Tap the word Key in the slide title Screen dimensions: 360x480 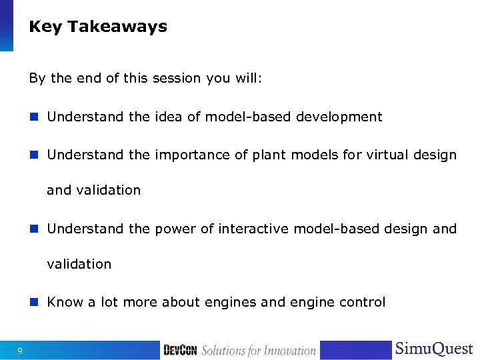45,27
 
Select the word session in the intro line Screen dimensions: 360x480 177,78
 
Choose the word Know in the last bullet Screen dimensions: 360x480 65,302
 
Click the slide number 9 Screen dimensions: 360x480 21,351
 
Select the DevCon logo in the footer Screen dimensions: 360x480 180,350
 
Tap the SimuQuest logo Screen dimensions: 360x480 434,349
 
